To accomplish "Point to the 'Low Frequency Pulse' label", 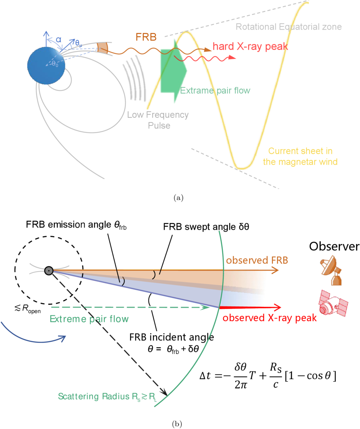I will click(159, 120).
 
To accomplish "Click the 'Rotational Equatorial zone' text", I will click(289, 27).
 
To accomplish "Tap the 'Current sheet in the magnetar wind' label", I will click(300, 156).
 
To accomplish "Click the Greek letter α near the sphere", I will click(59, 40).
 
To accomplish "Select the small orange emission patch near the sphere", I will click(102, 48).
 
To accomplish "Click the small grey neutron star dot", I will click(48, 270).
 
